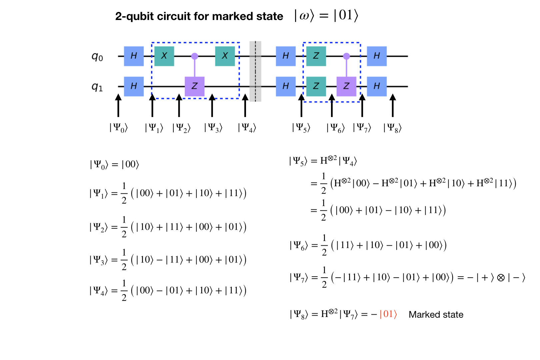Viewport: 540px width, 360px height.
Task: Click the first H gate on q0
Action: pos(134,56)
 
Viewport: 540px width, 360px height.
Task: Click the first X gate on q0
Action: pos(164,56)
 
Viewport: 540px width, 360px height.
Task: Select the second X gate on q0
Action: pos(225,56)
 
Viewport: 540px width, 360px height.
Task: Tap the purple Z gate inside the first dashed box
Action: pos(194,86)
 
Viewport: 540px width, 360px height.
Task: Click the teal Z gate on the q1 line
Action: pos(316,86)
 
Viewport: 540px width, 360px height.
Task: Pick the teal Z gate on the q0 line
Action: pos(316,56)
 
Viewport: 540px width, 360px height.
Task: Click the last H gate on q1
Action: pos(377,86)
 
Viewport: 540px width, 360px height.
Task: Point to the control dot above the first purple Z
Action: pos(194,56)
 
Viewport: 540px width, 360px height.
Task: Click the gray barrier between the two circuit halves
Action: pos(255,71)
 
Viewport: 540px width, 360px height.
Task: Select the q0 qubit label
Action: pos(97,57)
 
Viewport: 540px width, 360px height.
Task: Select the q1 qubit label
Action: pos(97,87)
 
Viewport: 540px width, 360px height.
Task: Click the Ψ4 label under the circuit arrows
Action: pos(247,128)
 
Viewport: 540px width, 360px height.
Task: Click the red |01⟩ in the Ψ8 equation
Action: pos(388,314)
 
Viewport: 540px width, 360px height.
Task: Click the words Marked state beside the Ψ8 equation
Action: pos(436,315)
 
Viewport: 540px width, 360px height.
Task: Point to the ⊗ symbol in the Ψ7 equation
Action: pos(501,278)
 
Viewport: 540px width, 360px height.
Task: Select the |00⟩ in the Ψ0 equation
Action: pos(130,164)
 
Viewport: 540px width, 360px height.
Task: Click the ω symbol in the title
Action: pos(304,16)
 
